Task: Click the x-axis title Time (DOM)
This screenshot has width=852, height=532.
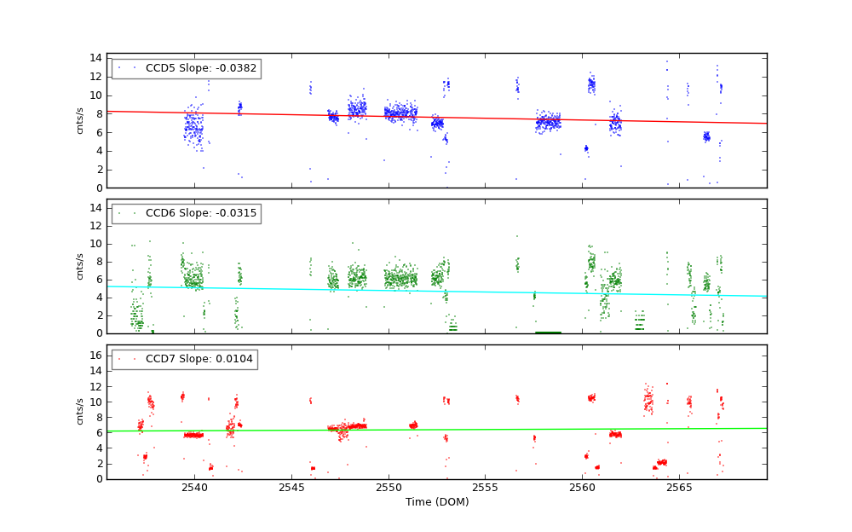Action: click(436, 502)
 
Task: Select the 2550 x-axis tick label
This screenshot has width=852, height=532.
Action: click(389, 488)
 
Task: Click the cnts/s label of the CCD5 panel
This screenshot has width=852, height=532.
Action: click(80, 120)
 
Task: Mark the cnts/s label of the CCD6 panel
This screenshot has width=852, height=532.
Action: click(80, 266)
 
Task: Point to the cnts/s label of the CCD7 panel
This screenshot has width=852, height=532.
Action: click(80, 412)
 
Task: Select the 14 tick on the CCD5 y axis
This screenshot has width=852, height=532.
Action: click(96, 58)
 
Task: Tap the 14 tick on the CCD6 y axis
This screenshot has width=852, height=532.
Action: click(96, 208)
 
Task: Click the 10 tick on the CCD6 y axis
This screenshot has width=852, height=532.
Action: click(96, 244)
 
